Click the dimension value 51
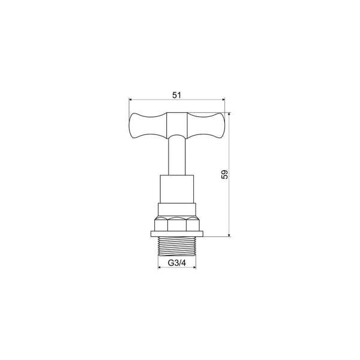(x=176, y=95)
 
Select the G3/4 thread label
(x=176, y=262)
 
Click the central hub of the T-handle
(x=176, y=125)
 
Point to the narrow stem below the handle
(x=176, y=156)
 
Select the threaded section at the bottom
(x=176, y=245)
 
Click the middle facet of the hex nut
(x=176, y=224)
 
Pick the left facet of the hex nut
(x=161, y=224)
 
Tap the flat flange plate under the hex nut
(x=176, y=234)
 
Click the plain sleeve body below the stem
(x=176, y=189)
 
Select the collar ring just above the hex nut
(x=176, y=210)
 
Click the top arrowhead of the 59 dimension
(x=229, y=114)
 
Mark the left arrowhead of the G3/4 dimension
(x=160, y=268)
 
